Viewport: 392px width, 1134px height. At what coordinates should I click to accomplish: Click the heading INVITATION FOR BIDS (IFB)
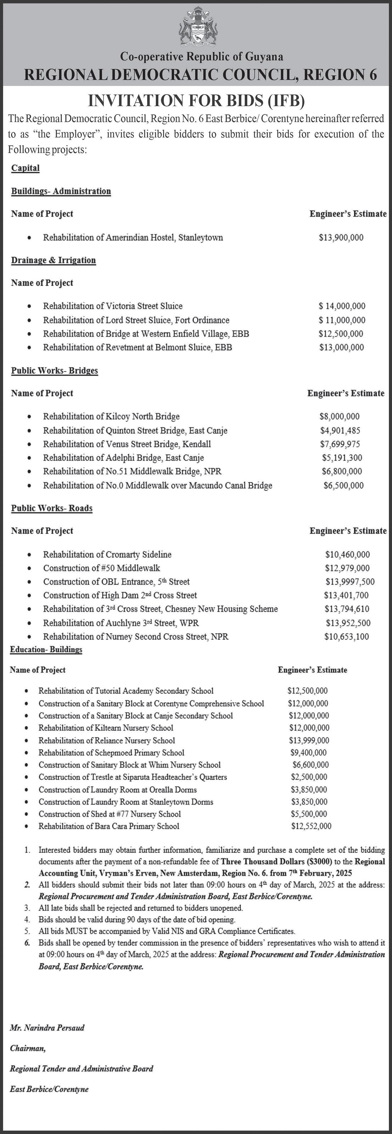point(196,101)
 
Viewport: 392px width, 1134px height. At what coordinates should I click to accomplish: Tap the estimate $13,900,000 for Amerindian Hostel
point(341,238)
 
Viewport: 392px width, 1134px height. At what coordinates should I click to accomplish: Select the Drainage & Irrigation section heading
point(53,260)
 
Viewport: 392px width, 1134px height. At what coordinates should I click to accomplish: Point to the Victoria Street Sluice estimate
point(342,306)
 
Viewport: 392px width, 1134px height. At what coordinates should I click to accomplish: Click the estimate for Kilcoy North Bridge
point(339,416)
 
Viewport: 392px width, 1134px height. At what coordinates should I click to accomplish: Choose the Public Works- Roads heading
point(52,509)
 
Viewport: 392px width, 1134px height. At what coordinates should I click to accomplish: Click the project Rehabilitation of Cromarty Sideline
point(107,555)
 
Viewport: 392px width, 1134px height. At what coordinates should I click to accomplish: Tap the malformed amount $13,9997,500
point(350,582)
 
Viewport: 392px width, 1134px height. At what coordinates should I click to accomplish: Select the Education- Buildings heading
point(46,650)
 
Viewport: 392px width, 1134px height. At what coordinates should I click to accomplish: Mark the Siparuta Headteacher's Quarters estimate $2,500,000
point(309,777)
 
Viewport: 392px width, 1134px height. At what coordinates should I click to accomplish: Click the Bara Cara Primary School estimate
point(311,826)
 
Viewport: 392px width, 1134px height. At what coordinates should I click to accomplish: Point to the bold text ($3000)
point(312,861)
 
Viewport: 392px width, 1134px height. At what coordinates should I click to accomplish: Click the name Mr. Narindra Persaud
point(47,1028)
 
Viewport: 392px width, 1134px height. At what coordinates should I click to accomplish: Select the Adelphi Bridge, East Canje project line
point(123,458)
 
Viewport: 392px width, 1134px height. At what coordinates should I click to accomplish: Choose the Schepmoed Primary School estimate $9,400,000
point(308,753)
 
